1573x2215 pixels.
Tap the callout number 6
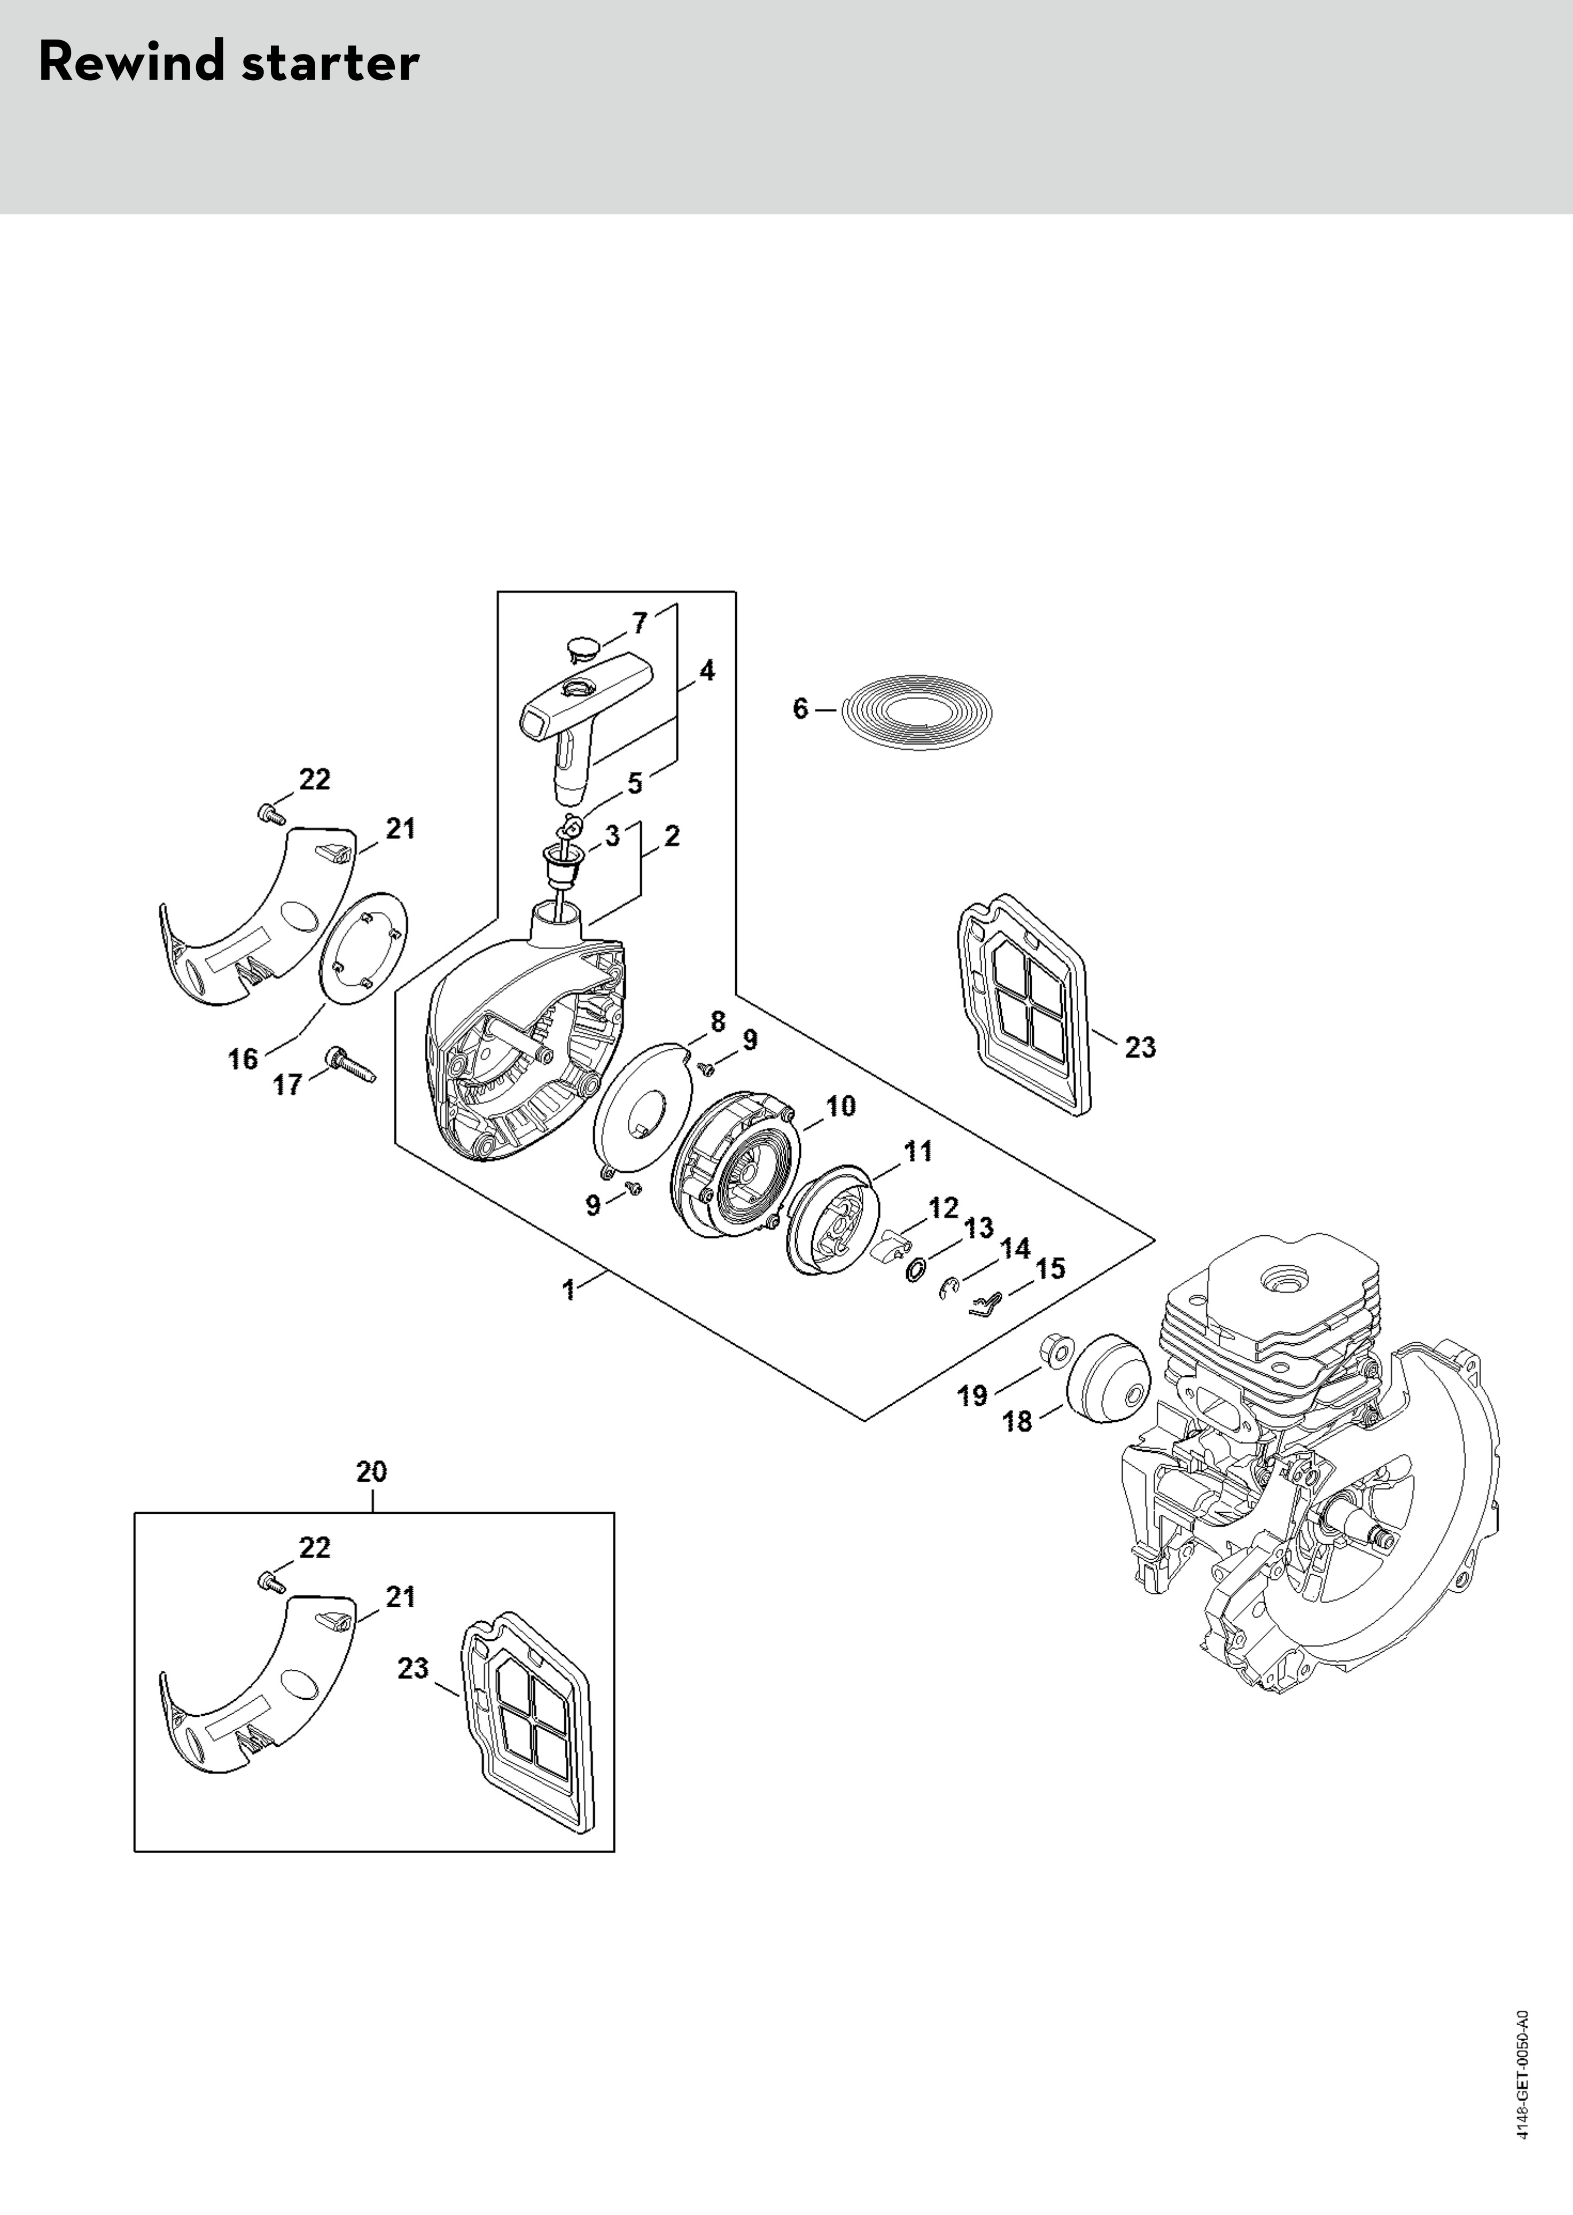tap(800, 709)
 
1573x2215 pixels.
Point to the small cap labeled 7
tap(581, 646)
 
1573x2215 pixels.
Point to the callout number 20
tap(371, 1472)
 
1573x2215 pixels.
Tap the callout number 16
tap(243, 1059)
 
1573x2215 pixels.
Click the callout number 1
tap(569, 1290)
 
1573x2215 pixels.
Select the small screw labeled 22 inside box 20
tap(268, 1582)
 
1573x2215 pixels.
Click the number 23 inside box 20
tap(412, 1669)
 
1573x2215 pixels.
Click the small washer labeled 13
tap(913, 1271)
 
